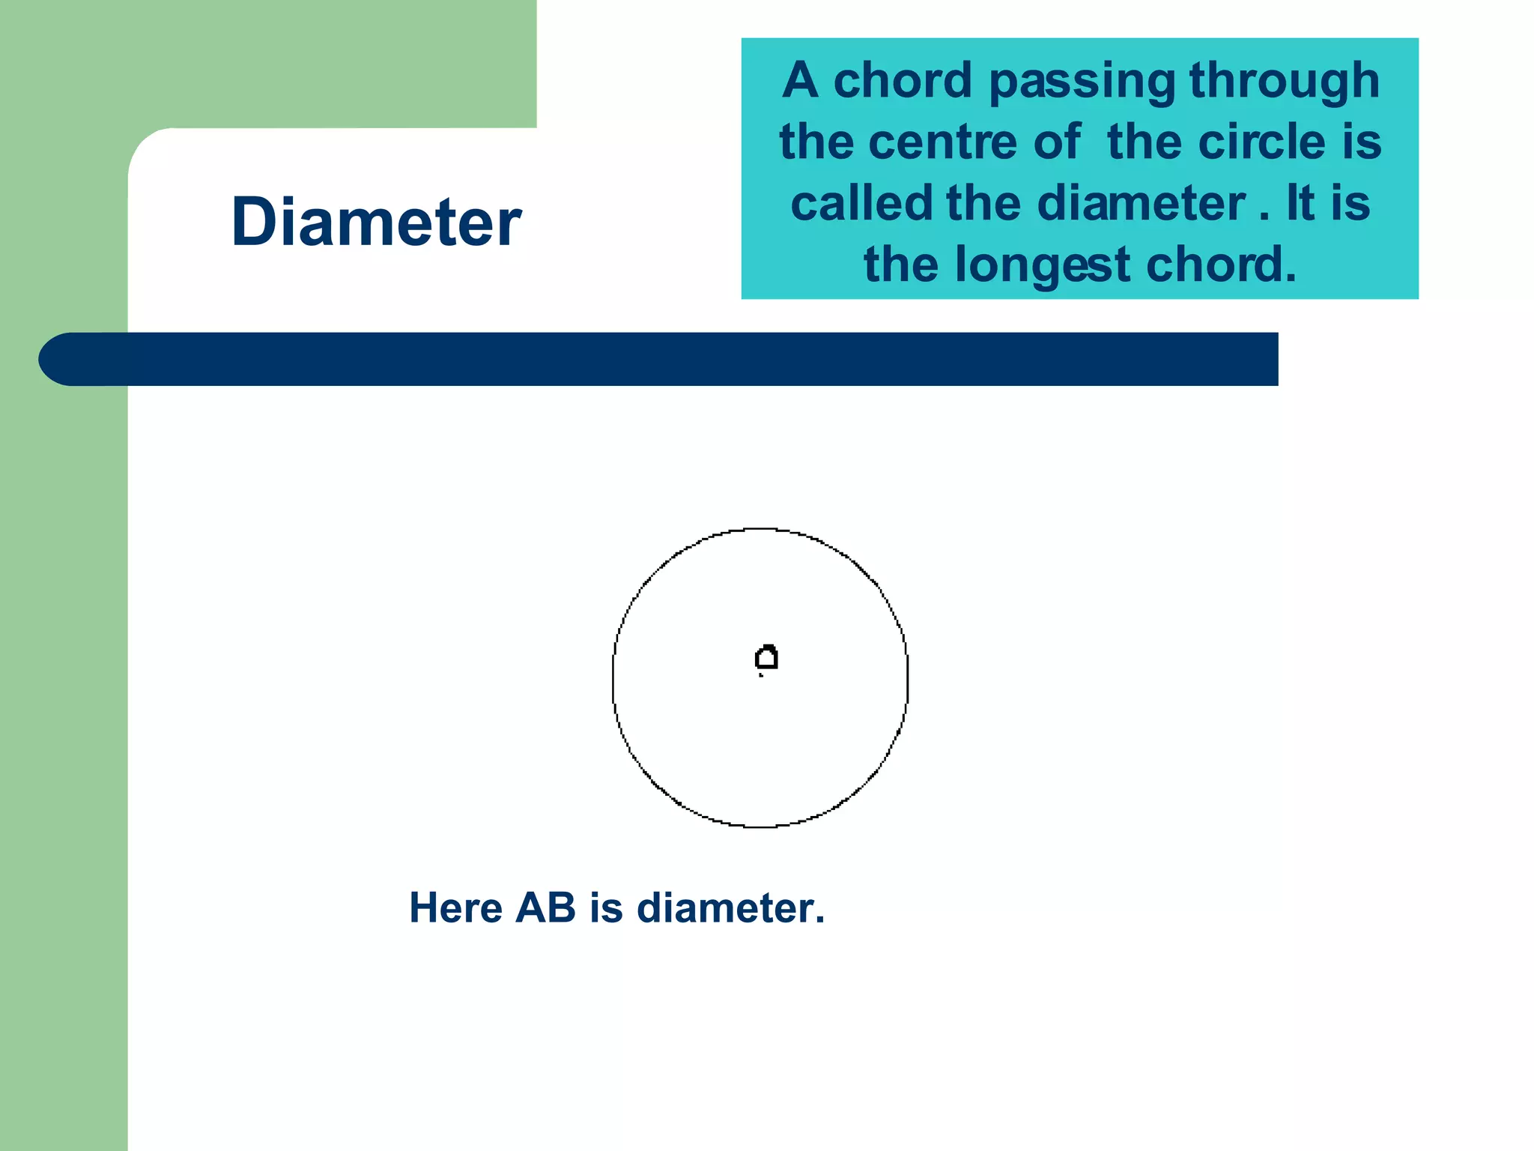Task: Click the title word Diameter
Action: pos(376,222)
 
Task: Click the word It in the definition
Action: pos(1300,204)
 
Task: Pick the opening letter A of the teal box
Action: pos(800,81)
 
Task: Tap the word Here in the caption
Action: pos(455,908)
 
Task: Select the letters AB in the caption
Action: pos(545,908)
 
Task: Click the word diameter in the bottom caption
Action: pos(730,908)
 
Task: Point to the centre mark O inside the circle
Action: pos(766,659)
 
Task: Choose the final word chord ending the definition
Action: pos(1220,265)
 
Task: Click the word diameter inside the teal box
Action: pos(1141,204)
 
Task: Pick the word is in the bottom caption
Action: pos(606,908)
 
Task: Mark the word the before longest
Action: pos(902,265)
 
